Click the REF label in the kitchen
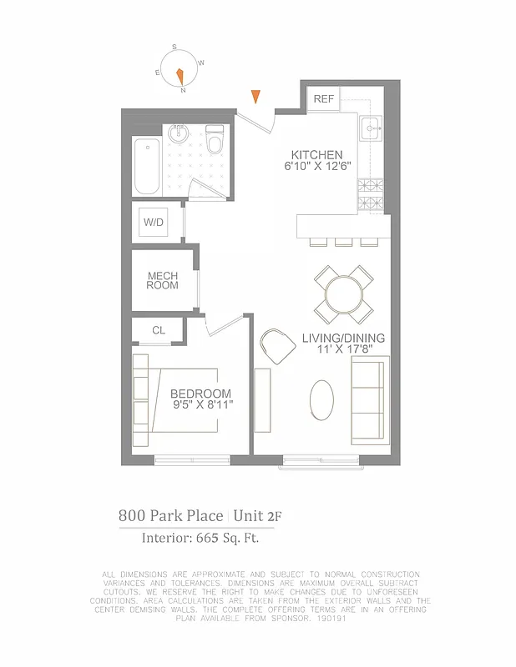pyautogui.click(x=323, y=99)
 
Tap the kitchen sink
pyautogui.click(x=370, y=128)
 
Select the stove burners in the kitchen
pyautogui.click(x=371, y=195)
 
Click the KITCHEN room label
pyautogui.click(x=316, y=155)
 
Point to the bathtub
pyautogui.click(x=147, y=166)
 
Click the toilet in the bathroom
pyautogui.click(x=215, y=141)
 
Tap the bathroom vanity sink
pyautogui.click(x=177, y=133)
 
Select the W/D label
pyautogui.click(x=154, y=223)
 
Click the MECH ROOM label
pyautogui.click(x=163, y=281)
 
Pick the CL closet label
pyautogui.click(x=158, y=330)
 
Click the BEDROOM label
pyautogui.click(x=200, y=394)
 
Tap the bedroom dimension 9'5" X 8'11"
pyautogui.click(x=201, y=405)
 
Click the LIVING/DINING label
pyautogui.click(x=343, y=338)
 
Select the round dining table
pyautogui.click(x=343, y=293)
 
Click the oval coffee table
pyautogui.click(x=323, y=401)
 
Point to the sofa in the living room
pyautogui.click(x=370, y=401)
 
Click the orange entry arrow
pyautogui.click(x=257, y=97)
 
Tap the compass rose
pyautogui.click(x=180, y=68)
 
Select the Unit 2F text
pyautogui.click(x=259, y=516)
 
